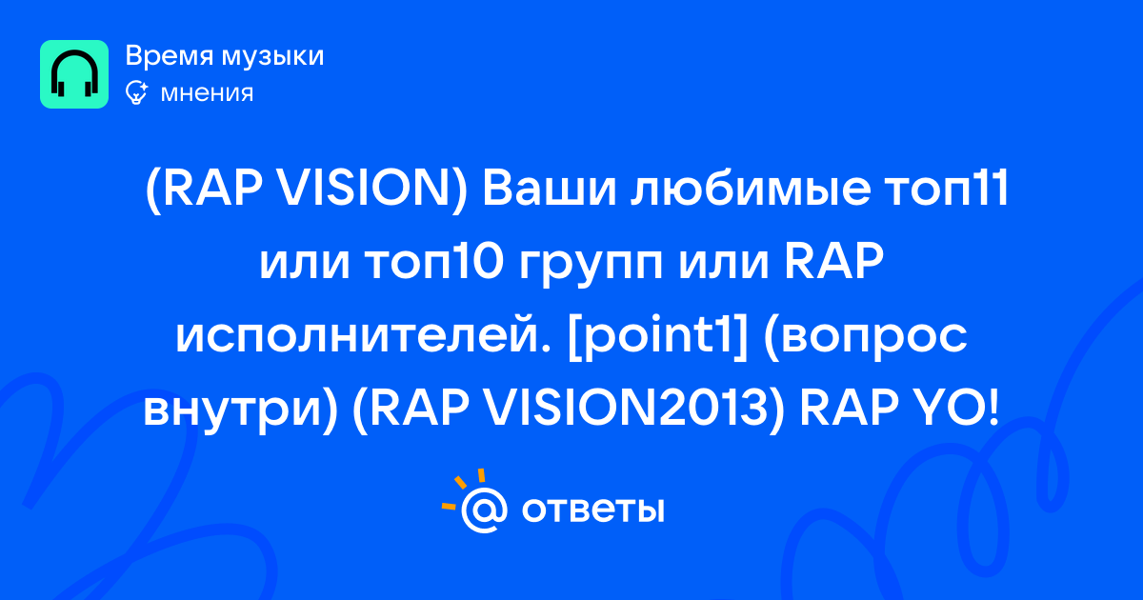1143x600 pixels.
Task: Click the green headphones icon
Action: coord(74,74)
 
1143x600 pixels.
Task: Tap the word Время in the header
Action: coord(169,55)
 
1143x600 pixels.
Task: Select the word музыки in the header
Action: coord(272,57)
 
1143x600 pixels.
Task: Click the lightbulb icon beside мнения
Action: coord(136,92)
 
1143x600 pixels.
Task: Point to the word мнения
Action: coord(207,94)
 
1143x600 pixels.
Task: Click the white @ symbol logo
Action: coord(484,510)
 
